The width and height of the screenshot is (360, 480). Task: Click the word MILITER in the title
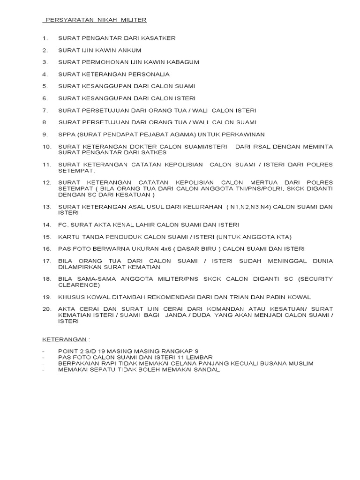tap(135, 20)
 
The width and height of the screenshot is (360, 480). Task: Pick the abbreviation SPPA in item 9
tap(66, 134)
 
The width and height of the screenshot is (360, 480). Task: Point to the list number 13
tap(46, 206)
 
